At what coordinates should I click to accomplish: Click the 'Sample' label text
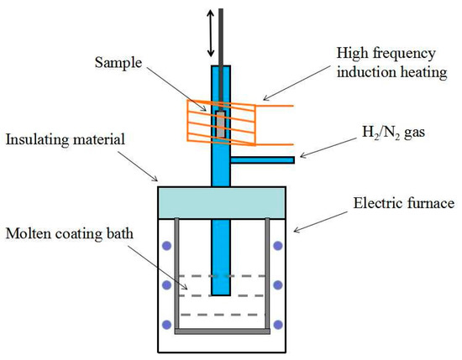118,63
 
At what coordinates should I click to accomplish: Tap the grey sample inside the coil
221,124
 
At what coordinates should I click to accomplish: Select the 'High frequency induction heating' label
392,63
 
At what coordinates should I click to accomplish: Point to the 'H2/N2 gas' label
393,133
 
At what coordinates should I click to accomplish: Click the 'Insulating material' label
66,139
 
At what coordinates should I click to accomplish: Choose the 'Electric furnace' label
404,203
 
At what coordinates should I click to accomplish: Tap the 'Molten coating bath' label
70,234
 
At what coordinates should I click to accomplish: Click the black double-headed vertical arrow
210,33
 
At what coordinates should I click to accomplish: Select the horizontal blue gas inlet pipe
262,160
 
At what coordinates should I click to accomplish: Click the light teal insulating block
222,203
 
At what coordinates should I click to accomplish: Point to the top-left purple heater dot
167,246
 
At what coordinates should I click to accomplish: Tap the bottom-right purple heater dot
278,325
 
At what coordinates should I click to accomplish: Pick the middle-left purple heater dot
167,285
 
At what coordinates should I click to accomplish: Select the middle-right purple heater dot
278,285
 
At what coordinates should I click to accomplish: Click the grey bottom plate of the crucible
222,331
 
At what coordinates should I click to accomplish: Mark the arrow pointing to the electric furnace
321,222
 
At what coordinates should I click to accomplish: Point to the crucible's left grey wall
176,274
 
